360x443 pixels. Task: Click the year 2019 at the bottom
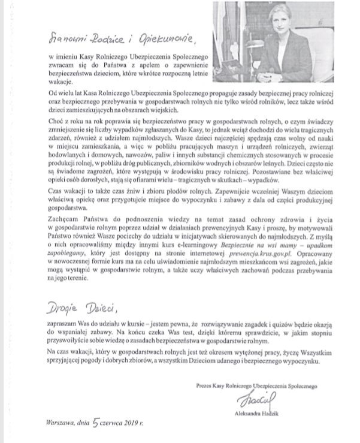pyautogui.click(x=143, y=423)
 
